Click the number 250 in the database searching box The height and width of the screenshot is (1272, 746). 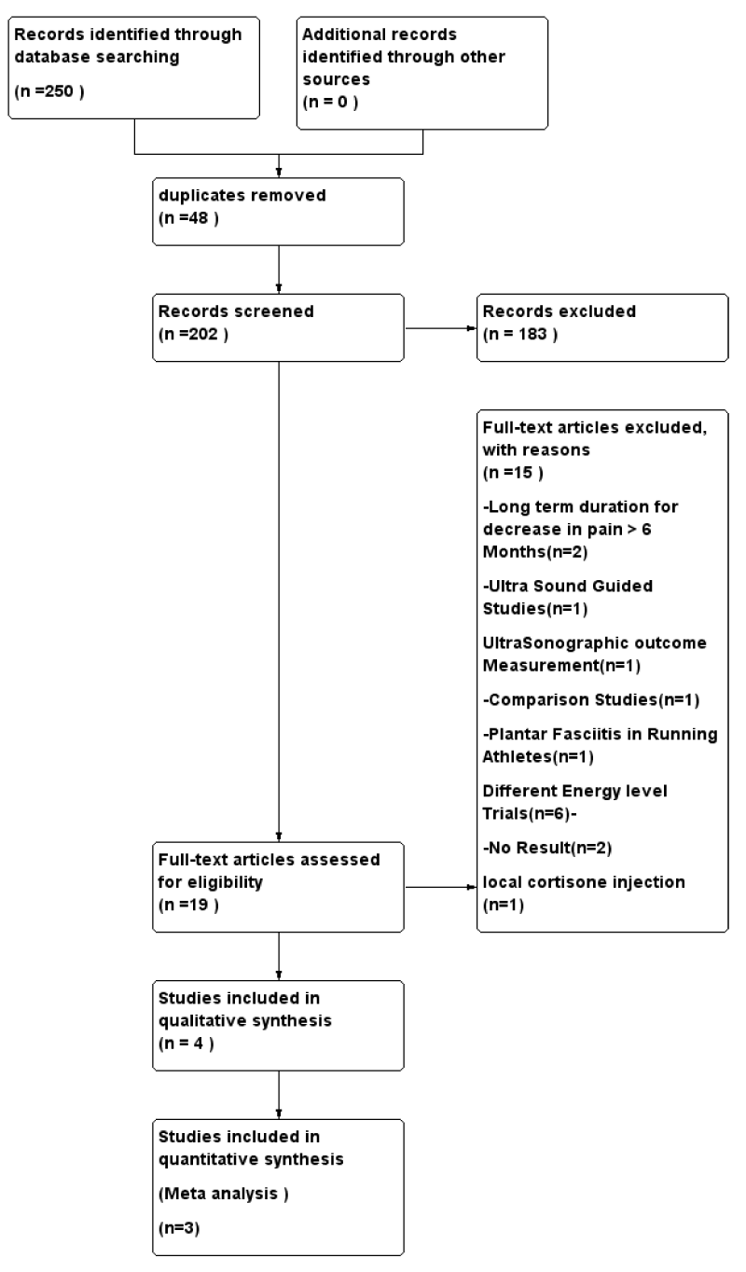point(59,90)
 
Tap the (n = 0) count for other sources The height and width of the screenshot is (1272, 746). point(330,103)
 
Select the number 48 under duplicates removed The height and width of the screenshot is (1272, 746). point(198,218)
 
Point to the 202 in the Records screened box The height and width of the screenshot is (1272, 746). point(202,334)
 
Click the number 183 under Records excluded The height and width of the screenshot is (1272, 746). point(532,334)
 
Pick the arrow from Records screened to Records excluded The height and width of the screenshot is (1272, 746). point(440,328)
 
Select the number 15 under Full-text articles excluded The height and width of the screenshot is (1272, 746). point(523,473)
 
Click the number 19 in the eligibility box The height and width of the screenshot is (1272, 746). point(198,905)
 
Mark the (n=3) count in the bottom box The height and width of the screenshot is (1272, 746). point(179,1228)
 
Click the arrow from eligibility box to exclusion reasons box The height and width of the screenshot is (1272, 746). point(440,887)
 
